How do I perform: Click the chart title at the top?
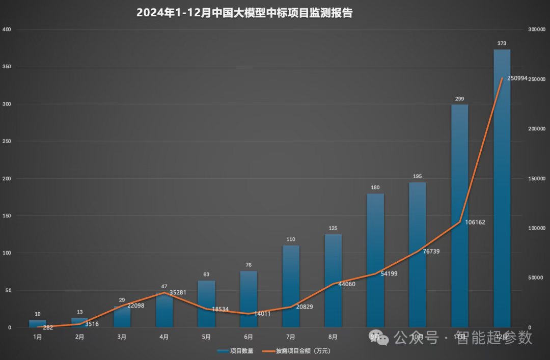[x=244, y=13]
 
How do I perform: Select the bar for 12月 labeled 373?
[x=502, y=188]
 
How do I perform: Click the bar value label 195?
[x=417, y=177]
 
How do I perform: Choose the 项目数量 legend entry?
[x=235, y=351]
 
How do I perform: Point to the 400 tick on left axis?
[x=7, y=30]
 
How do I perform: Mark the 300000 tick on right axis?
[x=537, y=30]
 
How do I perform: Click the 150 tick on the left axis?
[x=7, y=216]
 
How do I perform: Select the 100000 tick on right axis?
[x=537, y=228]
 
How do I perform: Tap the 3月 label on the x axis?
[x=122, y=337]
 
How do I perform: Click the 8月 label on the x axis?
[x=333, y=337]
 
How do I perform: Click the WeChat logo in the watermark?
[x=382, y=338]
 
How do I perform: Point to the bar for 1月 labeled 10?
[x=37, y=324]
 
